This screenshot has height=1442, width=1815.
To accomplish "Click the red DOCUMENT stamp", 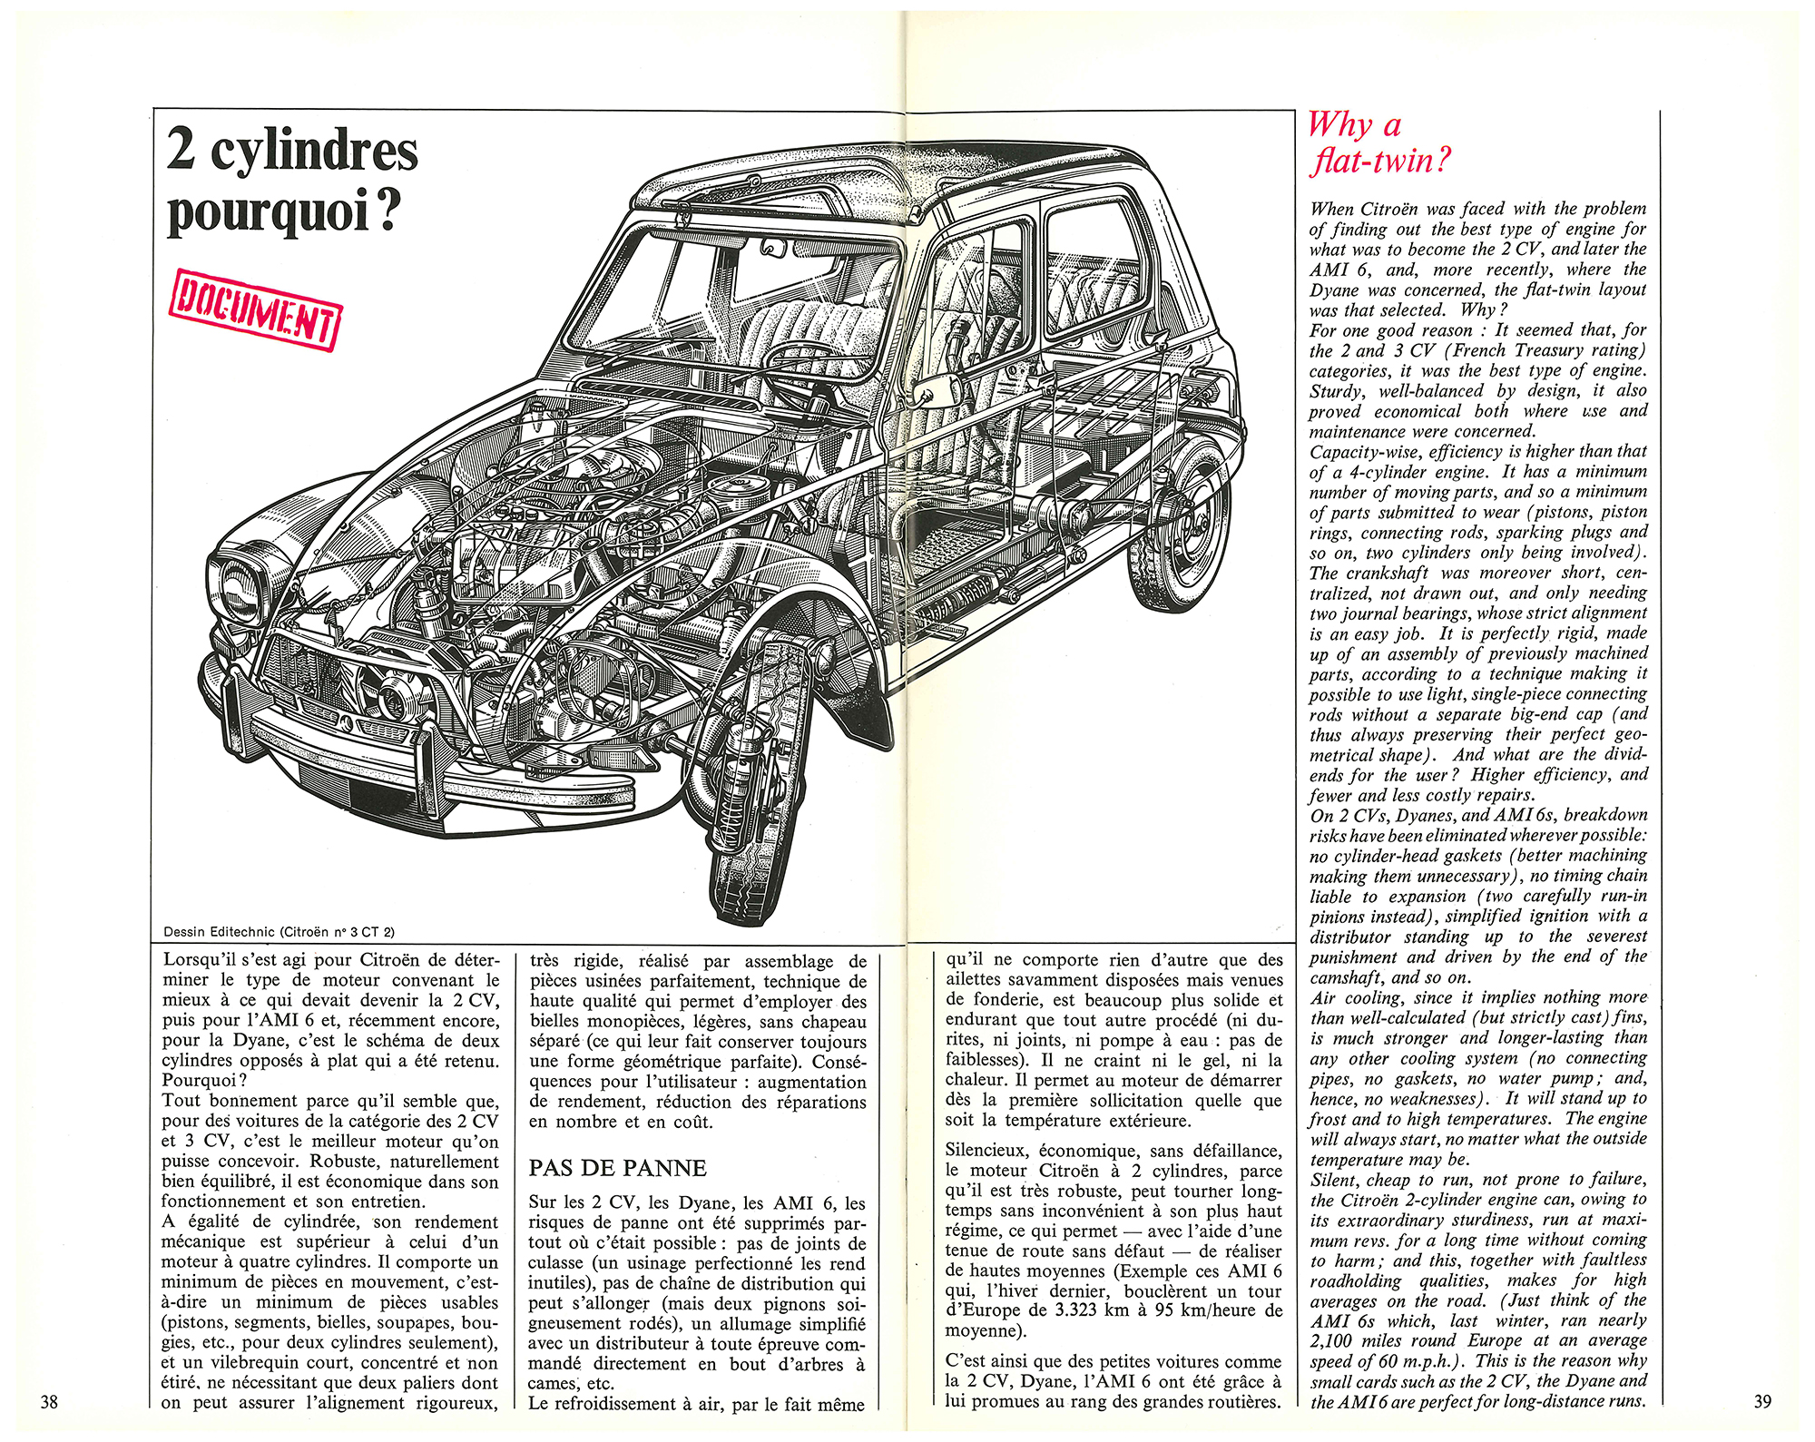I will point(255,309).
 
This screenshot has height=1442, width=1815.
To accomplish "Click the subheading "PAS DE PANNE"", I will point(617,1168).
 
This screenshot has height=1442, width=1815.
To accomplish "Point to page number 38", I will point(49,1402).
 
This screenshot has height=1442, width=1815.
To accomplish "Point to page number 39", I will point(1762,1401).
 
